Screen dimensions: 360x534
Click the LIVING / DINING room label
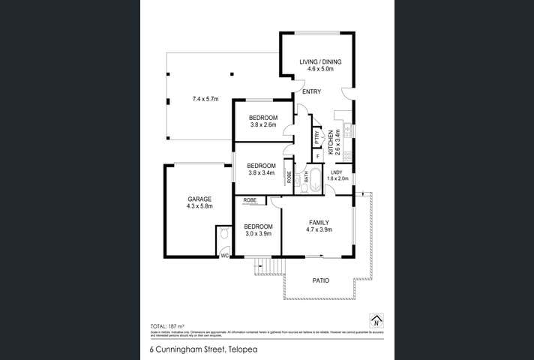coord(316,62)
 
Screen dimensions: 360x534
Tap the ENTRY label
coord(311,91)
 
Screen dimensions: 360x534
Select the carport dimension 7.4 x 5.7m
coord(205,99)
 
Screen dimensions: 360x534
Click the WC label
coord(223,256)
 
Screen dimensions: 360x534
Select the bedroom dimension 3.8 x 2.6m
coord(262,124)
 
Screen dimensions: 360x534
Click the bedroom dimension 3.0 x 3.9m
coord(257,233)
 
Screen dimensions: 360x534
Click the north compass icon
coord(376,319)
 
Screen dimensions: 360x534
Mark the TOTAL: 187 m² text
coord(169,326)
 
